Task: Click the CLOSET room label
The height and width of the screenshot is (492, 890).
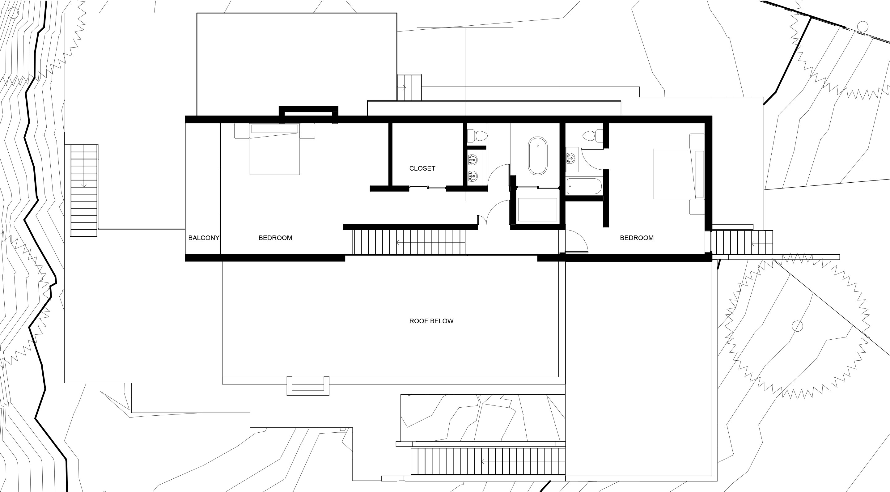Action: tap(422, 168)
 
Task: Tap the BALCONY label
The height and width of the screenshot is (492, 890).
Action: tap(204, 238)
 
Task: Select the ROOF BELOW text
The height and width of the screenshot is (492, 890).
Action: tap(431, 321)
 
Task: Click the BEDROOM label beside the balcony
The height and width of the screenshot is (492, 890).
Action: tap(275, 238)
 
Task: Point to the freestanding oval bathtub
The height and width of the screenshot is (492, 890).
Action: tap(538, 156)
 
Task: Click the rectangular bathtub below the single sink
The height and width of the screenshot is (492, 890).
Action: tap(584, 186)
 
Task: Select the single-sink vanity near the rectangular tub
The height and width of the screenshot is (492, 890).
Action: tap(572, 159)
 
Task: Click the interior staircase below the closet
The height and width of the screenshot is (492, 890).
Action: tap(409, 242)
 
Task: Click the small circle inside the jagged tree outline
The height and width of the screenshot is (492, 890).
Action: tap(797, 326)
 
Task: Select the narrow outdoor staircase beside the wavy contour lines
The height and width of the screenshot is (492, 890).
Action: tap(84, 190)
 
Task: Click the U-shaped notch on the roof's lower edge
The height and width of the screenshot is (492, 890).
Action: tap(308, 386)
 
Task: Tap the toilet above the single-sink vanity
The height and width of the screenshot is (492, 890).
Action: tap(592, 135)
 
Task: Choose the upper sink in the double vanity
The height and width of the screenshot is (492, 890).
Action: tap(473, 160)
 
